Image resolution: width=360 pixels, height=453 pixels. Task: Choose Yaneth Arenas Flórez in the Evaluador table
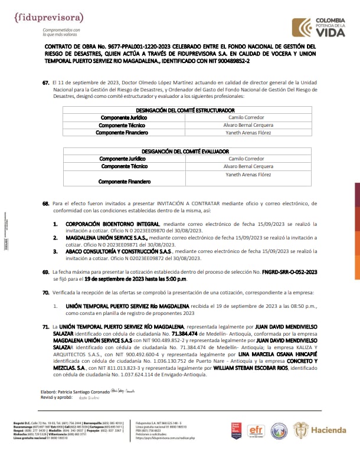tap(248, 175)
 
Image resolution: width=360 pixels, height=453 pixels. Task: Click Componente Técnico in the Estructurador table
tap(122, 125)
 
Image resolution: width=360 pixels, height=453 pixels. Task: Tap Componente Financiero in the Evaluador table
tap(122, 182)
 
